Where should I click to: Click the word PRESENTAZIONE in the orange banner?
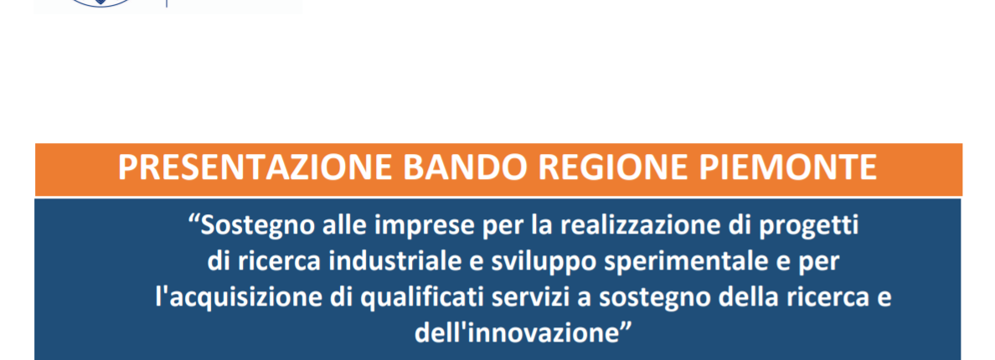255,168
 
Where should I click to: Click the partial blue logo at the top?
101,3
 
